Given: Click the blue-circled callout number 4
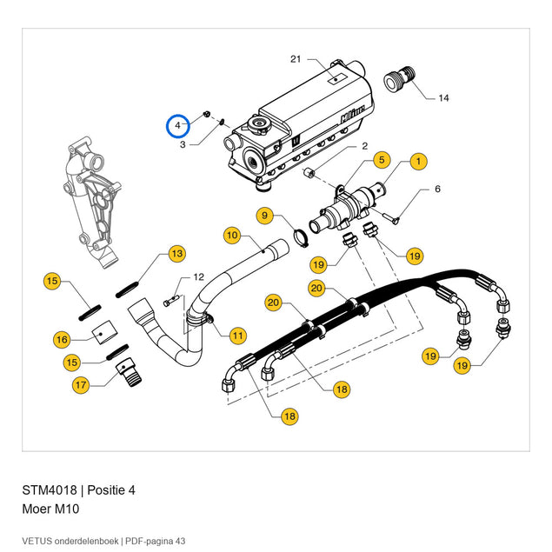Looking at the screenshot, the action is click(x=178, y=126).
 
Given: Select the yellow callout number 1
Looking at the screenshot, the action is click(x=418, y=162).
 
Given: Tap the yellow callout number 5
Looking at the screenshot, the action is click(x=382, y=160).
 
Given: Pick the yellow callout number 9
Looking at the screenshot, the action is click(x=265, y=216).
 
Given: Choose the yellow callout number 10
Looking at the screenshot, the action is click(x=232, y=236).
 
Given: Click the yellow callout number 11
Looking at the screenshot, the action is click(x=238, y=336).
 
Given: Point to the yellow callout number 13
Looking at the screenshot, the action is click(x=177, y=254).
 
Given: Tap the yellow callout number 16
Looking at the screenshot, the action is click(x=62, y=340).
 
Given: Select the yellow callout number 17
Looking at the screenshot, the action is click(x=81, y=385).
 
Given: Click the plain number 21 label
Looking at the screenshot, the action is click(x=296, y=59).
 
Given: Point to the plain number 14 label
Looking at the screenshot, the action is click(x=443, y=98).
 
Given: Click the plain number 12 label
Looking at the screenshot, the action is click(x=199, y=277).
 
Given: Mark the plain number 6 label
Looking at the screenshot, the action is click(x=437, y=189).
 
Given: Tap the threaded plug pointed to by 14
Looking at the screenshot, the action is click(x=399, y=79).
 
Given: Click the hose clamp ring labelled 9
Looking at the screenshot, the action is click(x=301, y=238).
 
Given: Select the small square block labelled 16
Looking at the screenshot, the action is click(x=104, y=331).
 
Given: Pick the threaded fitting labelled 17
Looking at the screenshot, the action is click(x=129, y=372).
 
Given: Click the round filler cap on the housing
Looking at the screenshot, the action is click(x=260, y=124).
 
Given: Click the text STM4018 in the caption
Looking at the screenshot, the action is click(x=50, y=490).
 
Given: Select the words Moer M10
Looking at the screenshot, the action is click(x=50, y=509).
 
